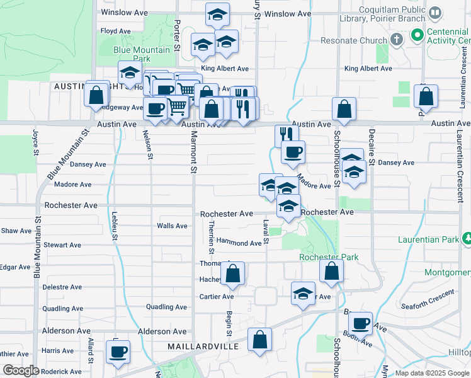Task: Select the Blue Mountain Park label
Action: pos(142,54)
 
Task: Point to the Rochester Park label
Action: pos(329,257)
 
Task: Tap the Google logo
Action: pos(20,370)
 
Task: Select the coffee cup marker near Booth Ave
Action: pos(360,323)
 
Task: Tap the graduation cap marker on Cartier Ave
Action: pos(303,294)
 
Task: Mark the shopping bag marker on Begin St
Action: pos(232,273)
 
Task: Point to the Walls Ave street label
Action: pos(172,226)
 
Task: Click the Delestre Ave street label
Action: pos(62,287)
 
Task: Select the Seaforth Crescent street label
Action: pos(429,294)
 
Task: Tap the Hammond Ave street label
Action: pos(239,243)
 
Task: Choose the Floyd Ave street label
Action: pos(115,31)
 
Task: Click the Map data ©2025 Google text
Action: pos(432,373)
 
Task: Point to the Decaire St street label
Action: pos(372,148)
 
